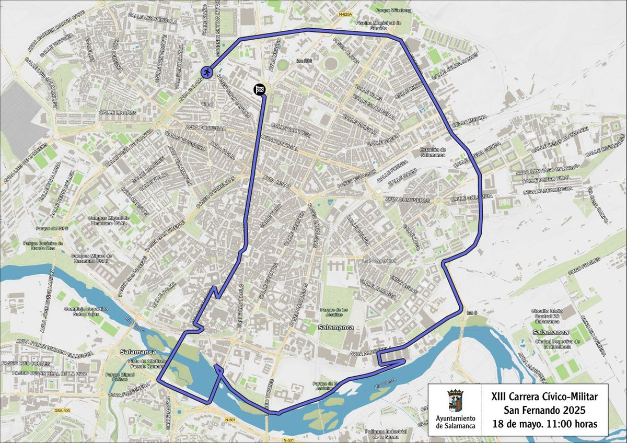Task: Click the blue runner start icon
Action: (x=207, y=72)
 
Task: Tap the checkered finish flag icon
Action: (x=260, y=90)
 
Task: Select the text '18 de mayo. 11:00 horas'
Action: (x=544, y=423)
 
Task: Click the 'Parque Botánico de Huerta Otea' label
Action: (x=43, y=246)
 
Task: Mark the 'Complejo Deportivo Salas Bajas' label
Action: (x=85, y=312)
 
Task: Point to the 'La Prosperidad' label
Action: (x=383, y=260)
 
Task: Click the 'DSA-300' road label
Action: (x=62, y=411)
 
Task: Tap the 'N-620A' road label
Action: (x=345, y=14)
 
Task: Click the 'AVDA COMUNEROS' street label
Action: (x=408, y=200)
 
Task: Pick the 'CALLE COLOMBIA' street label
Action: (x=471, y=197)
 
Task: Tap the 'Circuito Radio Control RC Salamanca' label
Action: (x=546, y=317)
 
